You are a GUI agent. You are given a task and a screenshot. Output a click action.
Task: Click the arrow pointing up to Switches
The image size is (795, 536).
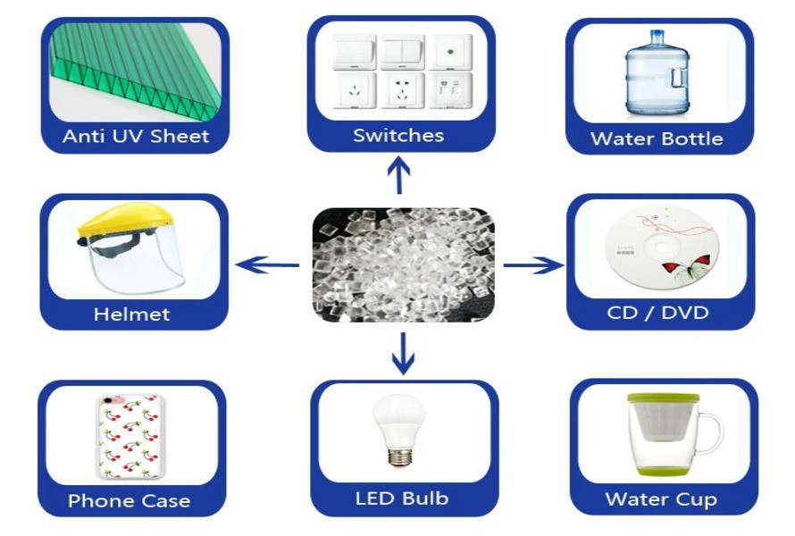[x=399, y=175]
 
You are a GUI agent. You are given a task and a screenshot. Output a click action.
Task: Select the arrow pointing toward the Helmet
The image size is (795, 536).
[x=267, y=264]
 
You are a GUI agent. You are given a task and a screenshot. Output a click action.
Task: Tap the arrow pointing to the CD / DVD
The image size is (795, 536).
[x=533, y=264]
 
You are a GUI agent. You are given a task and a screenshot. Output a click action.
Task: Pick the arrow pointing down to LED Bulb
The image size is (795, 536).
[x=403, y=354]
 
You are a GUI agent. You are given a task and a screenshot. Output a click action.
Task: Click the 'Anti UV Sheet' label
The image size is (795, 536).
[x=136, y=136]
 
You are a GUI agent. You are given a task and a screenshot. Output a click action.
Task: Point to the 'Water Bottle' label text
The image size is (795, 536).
[x=657, y=138]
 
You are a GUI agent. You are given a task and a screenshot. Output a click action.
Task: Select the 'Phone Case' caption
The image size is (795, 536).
[x=130, y=500]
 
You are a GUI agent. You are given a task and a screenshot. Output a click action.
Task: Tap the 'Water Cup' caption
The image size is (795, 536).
[x=661, y=499]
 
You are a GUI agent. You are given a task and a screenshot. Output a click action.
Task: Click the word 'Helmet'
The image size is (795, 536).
[x=132, y=314]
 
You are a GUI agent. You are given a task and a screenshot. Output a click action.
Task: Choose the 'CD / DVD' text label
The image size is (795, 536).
[x=657, y=313]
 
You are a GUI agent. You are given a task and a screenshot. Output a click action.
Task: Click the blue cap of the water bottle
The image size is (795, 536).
[x=657, y=37]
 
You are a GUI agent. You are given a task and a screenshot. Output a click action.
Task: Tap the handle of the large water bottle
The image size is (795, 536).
[x=680, y=78]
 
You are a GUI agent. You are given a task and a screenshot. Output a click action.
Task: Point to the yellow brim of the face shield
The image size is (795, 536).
[x=127, y=219]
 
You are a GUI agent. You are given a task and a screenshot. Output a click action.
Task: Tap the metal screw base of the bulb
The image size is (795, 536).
[x=400, y=456]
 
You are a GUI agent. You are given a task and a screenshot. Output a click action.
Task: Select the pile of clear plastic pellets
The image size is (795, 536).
[x=404, y=264]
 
